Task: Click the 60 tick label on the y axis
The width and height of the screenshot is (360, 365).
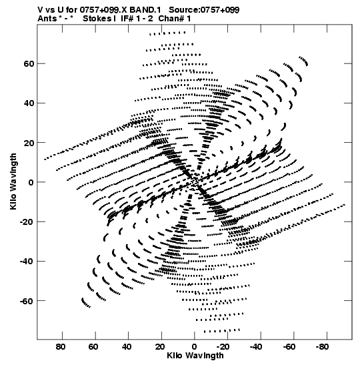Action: tap(29, 63)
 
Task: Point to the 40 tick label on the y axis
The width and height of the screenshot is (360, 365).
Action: tap(29, 103)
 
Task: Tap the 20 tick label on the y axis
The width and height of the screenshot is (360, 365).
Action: tap(29, 143)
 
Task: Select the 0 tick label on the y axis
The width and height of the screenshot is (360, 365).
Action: tap(31, 182)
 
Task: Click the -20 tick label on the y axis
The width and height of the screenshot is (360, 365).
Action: tap(27, 222)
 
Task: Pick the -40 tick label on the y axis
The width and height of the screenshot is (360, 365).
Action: tap(27, 262)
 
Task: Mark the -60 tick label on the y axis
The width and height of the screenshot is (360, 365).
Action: tap(27, 301)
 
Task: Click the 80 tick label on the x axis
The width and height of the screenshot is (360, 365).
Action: tap(61, 347)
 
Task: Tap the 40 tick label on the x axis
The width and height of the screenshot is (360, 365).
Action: tap(127, 347)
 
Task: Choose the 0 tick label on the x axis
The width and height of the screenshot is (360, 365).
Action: tap(194, 347)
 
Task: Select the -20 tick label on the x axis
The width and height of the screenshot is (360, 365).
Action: tap(223, 347)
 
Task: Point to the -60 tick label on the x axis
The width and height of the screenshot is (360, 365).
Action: tap(289, 347)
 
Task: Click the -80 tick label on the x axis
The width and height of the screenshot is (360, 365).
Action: tap(323, 347)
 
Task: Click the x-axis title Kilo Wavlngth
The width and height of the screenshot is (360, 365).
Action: tap(195, 356)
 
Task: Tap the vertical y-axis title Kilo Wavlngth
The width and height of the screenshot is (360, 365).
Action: tap(13, 181)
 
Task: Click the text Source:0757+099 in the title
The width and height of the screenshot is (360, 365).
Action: tap(204, 10)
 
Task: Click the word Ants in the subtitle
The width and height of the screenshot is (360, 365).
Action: tap(47, 19)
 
